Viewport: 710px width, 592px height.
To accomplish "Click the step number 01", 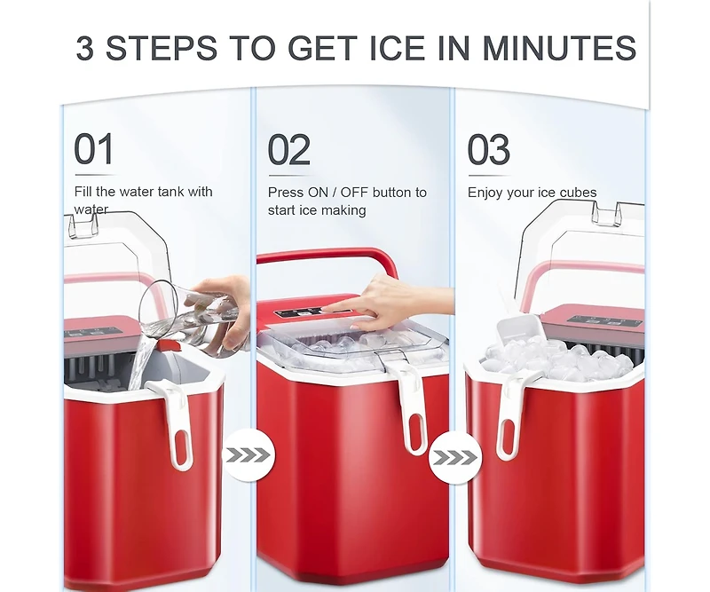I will point(94,150).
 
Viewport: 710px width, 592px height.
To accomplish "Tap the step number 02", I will point(289,150).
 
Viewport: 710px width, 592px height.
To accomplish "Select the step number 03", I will point(489,150).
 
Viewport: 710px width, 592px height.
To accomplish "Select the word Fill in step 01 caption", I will point(83,192).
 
